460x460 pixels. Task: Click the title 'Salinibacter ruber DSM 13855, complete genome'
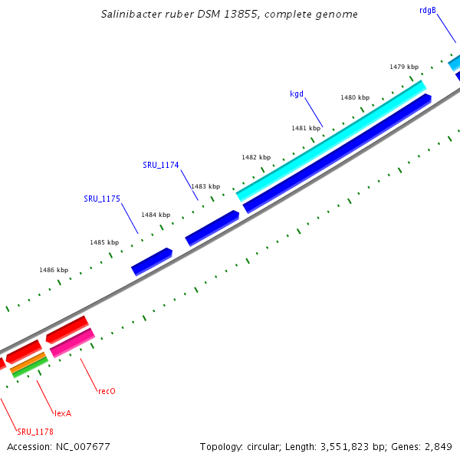coord(229,15)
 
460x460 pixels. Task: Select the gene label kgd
coord(297,94)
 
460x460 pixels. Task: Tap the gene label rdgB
coord(428,10)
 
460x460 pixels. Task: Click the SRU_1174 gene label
coord(161,165)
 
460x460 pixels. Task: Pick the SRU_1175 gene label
coord(102,199)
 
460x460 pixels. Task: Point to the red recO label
coord(107,391)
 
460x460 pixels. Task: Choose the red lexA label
coord(63,413)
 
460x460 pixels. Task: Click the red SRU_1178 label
coord(35,432)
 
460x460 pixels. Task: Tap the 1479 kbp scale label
coord(404,67)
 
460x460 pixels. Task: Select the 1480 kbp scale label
coord(355,97)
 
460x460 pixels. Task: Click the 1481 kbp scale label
coord(306,128)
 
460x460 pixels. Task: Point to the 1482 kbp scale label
coord(256,157)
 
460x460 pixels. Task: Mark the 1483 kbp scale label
coord(205,186)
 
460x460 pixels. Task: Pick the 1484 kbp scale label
coord(155,215)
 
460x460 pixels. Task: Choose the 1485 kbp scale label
coord(104,242)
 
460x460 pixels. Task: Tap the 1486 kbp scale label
coord(54,270)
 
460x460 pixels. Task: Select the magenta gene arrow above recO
coord(72,342)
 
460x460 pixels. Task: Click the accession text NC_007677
coord(58,446)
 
